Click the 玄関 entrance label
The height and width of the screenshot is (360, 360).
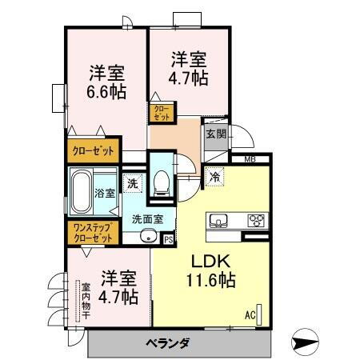(215, 134)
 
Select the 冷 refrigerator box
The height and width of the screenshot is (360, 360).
(215, 177)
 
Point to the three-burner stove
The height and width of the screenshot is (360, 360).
(256, 221)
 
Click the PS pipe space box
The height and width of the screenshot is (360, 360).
(168, 238)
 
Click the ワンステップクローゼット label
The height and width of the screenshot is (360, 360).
(92, 233)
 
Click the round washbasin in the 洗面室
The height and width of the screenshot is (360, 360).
(146, 236)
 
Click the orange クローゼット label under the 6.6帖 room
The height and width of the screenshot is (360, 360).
(94, 150)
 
